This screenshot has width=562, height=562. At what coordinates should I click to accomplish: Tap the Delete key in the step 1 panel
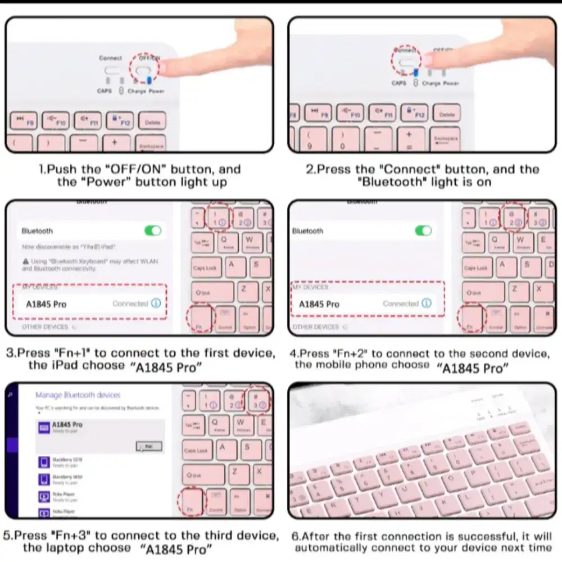(x=152, y=121)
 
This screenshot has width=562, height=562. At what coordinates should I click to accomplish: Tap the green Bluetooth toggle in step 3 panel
(x=152, y=230)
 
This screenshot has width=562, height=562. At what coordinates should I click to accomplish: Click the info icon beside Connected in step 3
(x=156, y=303)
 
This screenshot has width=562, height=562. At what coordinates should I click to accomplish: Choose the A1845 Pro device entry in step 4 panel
(x=319, y=304)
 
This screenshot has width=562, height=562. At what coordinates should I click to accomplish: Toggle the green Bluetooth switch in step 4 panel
(x=423, y=230)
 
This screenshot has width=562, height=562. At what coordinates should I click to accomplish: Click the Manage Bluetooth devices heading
(x=78, y=395)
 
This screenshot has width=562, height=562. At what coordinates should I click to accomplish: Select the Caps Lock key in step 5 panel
(x=196, y=451)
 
